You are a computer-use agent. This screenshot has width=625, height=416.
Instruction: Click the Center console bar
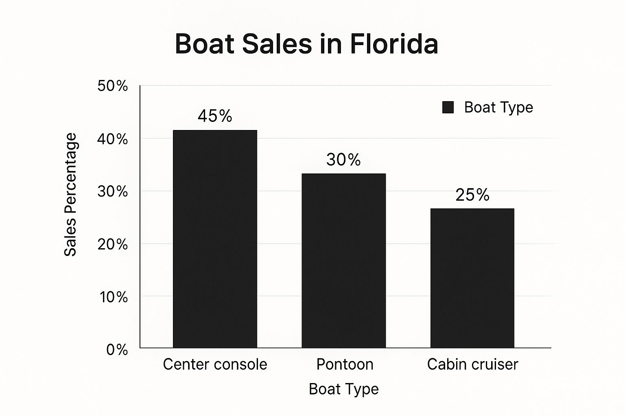pos(215,239)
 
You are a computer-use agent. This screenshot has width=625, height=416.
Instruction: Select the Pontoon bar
pos(344,260)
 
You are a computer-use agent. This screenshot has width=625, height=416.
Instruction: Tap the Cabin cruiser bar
pos(472,278)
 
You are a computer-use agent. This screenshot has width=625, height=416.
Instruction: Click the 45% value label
pos(215,116)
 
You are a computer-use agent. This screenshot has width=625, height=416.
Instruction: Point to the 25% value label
pos(472,195)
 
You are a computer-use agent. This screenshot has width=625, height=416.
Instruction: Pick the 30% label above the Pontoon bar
pos(343,160)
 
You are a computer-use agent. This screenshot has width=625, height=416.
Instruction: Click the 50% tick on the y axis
pos(112,86)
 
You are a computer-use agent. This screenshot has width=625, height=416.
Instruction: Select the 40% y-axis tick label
pos(112,139)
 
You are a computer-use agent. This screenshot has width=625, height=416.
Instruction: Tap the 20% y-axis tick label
pos(112,245)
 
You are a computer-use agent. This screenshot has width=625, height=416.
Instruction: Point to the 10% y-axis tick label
pos(114,297)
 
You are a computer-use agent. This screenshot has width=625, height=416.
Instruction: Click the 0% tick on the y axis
pos(117,350)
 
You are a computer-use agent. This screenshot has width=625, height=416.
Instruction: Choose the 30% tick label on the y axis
pos(112,192)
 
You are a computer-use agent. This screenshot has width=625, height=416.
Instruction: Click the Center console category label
pos(215,364)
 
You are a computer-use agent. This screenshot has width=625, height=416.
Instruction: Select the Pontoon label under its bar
pos(345,364)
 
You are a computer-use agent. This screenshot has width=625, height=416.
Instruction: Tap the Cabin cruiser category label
pos(473,364)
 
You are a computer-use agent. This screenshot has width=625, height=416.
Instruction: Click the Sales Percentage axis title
pos(70,195)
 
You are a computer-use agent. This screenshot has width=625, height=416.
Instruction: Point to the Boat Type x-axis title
pos(344,389)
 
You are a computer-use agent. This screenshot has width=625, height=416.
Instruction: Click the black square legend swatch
pos(448,107)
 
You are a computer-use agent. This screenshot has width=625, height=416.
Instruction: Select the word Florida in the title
pos(394,44)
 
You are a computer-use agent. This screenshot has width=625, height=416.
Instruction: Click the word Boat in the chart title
pos(205,44)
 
